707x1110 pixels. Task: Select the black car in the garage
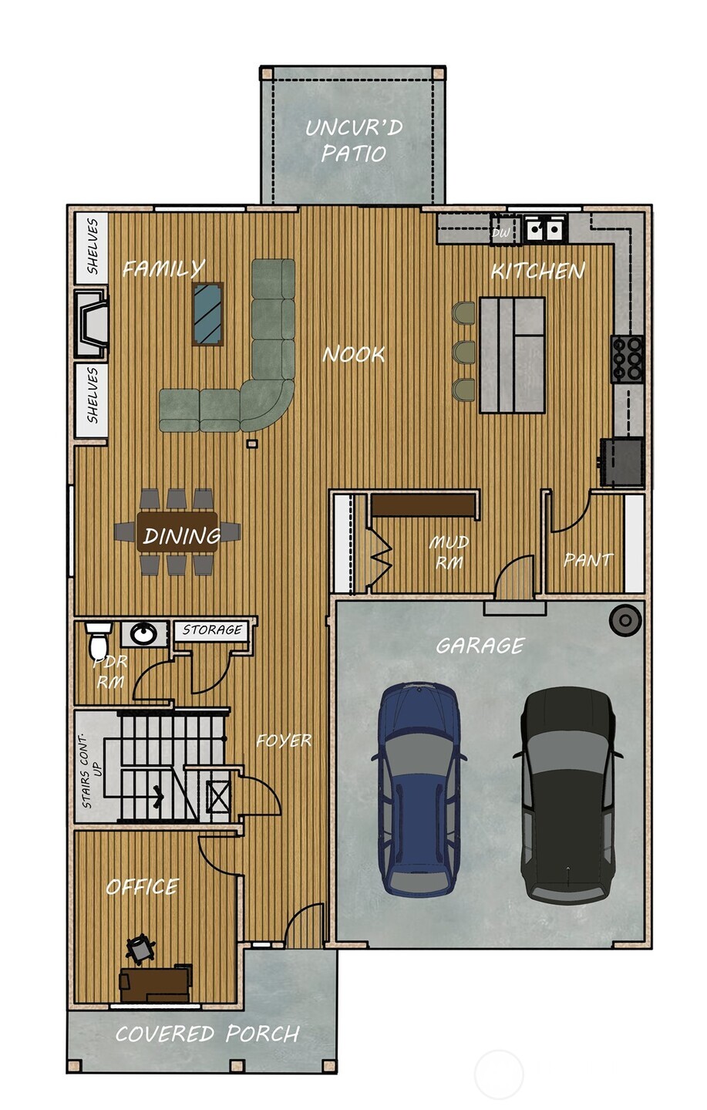(568, 795)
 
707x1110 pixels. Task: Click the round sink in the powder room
(143, 634)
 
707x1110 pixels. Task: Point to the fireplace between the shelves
(91, 323)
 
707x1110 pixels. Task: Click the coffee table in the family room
(207, 313)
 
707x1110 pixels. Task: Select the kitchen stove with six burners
(628, 359)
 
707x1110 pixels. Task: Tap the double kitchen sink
(545, 229)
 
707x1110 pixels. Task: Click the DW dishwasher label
(500, 232)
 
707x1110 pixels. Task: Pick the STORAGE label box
(212, 630)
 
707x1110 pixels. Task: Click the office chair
(140, 949)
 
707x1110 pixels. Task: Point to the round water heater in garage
(625, 620)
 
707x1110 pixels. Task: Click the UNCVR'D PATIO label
(354, 140)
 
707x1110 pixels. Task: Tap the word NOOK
(353, 354)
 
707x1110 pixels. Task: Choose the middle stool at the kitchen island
(463, 352)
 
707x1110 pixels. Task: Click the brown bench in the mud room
(423, 506)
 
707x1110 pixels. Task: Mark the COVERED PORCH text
(207, 1034)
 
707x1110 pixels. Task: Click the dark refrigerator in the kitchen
(622, 462)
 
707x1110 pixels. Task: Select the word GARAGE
(480, 645)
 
